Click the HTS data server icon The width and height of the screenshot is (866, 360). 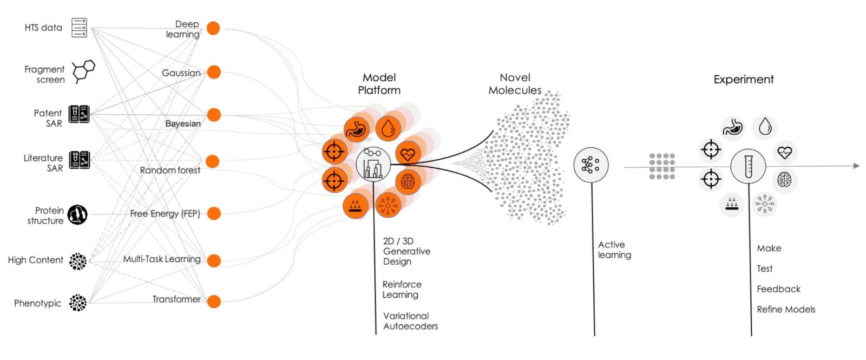(x=79, y=28)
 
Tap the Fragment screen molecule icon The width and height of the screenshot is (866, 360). (x=83, y=71)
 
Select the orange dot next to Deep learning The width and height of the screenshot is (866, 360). (x=213, y=28)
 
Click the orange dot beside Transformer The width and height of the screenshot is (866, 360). (x=214, y=301)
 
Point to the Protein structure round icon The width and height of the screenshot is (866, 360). (x=77, y=215)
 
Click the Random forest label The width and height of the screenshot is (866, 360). (x=170, y=170)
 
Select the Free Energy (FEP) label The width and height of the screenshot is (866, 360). (x=165, y=213)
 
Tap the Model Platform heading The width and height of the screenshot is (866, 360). (x=379, y=84)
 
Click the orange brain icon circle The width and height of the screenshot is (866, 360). (x=408, y=182)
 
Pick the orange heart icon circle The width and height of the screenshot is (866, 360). (x=408, y=154)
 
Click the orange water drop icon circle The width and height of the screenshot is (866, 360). (x=388, y=129)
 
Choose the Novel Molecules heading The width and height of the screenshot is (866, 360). (x=515, y=84)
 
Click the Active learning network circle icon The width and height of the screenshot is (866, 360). (x=591, y=165)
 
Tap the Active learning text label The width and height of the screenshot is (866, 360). (x=614, y=250)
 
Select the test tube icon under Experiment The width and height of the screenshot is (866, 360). (x=748, y=166)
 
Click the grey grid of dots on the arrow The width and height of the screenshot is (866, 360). (x=662, y=166)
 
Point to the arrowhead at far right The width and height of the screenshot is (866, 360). (x=856, y=166)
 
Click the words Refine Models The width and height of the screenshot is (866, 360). (x=786, y=309)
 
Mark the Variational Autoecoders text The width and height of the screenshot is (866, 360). (x=410, y=320)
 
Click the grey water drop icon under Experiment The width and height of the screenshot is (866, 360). (x=765, y=127)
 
